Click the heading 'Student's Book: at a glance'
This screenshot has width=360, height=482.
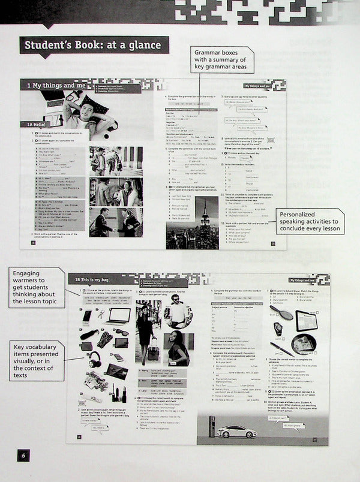(x=94, y=46)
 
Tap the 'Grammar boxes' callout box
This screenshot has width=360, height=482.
(x=221, y=61)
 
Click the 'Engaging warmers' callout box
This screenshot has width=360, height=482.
(x=35, y=288)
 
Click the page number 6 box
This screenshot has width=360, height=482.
(x=23, y=456)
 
